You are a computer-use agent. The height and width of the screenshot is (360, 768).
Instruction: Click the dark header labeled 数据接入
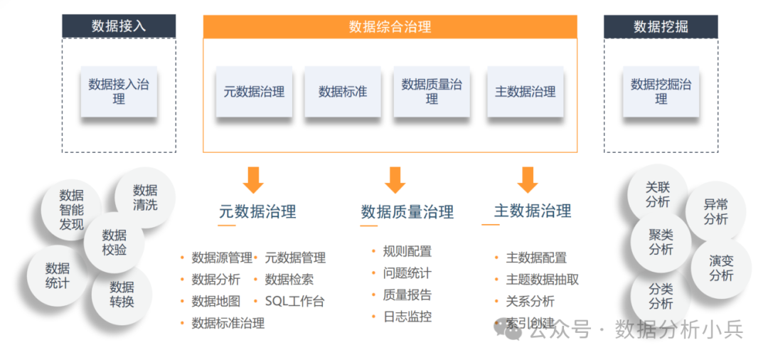tap(119, 26)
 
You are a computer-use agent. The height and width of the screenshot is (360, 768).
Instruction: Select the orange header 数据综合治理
tap(390, 27)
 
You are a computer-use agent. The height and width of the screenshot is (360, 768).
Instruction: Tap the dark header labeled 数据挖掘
tap(661, 26)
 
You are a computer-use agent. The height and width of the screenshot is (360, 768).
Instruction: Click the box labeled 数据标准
tap(343, 92)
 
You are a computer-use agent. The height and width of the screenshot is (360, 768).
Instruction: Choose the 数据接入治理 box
tap(119, 92)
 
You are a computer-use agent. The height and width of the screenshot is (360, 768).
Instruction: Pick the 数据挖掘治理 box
tap(661, 92)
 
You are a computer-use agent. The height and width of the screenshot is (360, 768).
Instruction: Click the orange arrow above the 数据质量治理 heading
tap(395, 180)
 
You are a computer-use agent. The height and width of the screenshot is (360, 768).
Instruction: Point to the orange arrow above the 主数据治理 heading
tap(527, 180)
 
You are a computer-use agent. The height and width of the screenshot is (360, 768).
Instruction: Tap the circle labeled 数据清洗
tap(145, 198)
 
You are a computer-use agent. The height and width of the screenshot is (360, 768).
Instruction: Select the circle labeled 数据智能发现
tap(72, 210)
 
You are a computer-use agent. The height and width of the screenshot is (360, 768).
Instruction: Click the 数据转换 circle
tap(122, 295)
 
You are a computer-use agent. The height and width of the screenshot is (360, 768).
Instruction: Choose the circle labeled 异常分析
tap(715, 212)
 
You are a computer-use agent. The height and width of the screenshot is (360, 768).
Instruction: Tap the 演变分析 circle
tap(721, 268)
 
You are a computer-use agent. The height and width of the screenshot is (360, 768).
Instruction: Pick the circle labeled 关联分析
tap(658, 195)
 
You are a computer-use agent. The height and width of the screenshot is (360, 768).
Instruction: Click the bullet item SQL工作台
tap(294, 302)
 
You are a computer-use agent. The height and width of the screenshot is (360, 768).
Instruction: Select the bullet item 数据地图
tap(216, 302)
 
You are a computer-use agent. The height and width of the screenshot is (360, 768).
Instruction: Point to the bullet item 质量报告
tap(407, 295)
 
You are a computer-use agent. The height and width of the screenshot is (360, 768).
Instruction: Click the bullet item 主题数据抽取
tap(542, 280)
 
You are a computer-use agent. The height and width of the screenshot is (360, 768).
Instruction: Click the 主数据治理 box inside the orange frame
tap(526, 92)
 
